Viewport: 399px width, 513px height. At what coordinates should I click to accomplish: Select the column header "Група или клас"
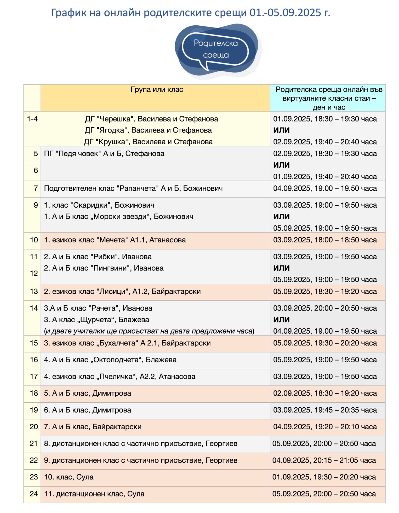click(x=157, y=90)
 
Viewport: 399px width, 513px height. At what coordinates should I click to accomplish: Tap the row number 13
click(x=34, y=291)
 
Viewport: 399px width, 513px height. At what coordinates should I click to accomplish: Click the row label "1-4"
click(x=32, y=119)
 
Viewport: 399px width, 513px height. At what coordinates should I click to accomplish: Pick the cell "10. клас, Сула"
click(x=69, y=477)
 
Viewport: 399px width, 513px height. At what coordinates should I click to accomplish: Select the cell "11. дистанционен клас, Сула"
click(x=94, y=494)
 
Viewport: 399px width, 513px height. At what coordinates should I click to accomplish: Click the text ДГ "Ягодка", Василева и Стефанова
click(x=148, y=130)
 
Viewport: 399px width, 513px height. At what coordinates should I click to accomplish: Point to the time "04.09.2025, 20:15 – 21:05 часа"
click(x=324, y=460)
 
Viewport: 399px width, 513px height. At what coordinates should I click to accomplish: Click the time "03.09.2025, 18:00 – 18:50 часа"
click(x=325, y=240)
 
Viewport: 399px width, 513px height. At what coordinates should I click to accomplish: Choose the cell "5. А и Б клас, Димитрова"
click(x=87, y=393)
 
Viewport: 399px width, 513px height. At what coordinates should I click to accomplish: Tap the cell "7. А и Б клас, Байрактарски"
click(x=93, y=427)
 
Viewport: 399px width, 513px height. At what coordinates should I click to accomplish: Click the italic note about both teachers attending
click(x=149, y=331)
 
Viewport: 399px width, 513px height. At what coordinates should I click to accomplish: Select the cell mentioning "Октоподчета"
click(x=110, y=360)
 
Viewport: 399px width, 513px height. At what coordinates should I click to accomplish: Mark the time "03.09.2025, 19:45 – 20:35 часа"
click(x=325, y=410)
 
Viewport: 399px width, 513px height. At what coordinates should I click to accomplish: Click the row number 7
click(x=36, y=188)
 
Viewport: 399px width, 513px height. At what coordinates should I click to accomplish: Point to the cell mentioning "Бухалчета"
click(x=127, y=343)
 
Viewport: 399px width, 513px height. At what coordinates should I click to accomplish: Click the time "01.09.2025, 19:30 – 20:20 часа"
click(x=324, y=477)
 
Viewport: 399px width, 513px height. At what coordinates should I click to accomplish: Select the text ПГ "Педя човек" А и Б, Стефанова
click(x=104, y=153)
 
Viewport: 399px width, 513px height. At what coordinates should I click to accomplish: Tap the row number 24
click(x=34, y=494)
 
